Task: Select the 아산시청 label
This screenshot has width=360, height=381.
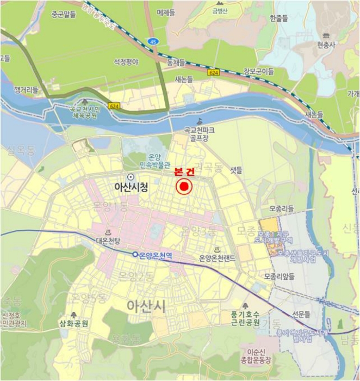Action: (131, 187)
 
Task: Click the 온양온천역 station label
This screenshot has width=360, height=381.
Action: (156, 254)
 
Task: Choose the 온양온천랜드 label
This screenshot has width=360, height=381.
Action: (217, 258)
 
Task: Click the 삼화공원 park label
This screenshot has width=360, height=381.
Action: (73, 323)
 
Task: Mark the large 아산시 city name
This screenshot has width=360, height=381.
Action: (146, 306)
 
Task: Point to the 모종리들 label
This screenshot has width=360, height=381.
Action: (281, 208)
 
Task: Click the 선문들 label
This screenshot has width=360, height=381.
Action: (300, 314)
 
